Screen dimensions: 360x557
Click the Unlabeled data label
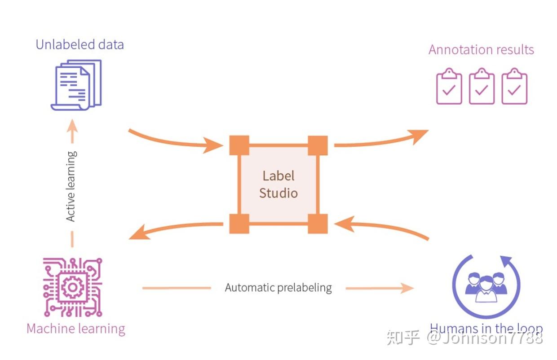coord(80,45)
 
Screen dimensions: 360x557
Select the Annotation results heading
coord(481,49)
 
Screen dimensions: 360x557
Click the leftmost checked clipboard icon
coord(449,87)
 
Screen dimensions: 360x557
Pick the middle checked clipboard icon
coord(482,87)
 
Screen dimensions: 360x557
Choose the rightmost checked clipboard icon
coord(514,87)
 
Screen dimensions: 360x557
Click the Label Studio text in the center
coord(278,184)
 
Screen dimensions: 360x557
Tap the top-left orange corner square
coord(239,145)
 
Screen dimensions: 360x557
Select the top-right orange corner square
coord(318,145)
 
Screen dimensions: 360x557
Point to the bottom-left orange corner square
coord(239,224)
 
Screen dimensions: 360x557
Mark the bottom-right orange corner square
coord(318,224)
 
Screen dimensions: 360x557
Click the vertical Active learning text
coord(71,186)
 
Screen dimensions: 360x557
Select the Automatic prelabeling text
coord(278,288)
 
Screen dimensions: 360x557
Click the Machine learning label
coord(76,329)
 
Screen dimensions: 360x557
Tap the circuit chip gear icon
coord(72,287)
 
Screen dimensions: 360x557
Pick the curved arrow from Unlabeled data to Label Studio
coord(175,140)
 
